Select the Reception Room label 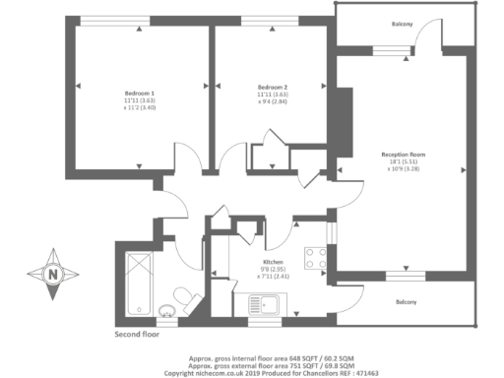[x=403, y=155]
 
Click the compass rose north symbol [x=52, y=273]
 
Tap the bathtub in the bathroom [x=136, y=279]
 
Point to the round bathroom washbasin [x=165, y=314]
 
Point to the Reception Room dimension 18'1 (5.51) [x=403, y=161]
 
